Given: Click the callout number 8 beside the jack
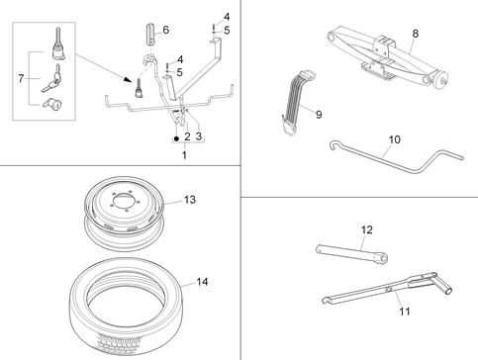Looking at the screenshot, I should coord(415,33).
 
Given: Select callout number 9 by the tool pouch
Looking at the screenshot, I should coord(318,114).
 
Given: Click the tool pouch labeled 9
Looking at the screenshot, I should coord(295,99).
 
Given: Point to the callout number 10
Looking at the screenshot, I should coord(394,140).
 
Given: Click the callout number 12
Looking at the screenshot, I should coord(366,230).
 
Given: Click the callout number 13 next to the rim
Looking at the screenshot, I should coord(189,200).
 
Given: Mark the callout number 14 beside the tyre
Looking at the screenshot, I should coord(202,282).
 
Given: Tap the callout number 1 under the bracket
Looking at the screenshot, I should coord(184,156).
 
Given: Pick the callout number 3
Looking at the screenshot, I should coord(199,135).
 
